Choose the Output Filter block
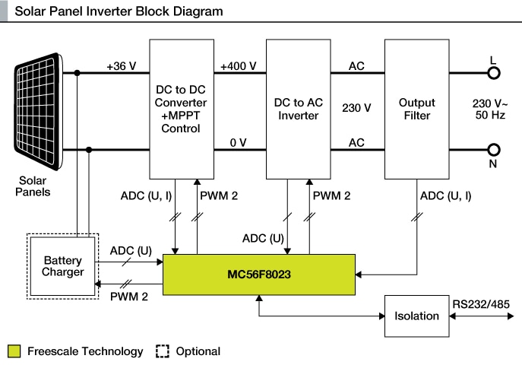(416, 107)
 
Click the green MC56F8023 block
(260, 273)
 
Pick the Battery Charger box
(63, 265)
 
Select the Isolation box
(416, 315)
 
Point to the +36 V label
(121, 66)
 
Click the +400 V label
(237, 66)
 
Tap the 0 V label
(238, 142)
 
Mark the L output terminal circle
(494, 74)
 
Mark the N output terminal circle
(494, 150)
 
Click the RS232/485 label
(481, 304)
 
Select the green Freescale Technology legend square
(14, 351)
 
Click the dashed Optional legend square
(162, 351)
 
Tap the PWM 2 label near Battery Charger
(129, 294)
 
